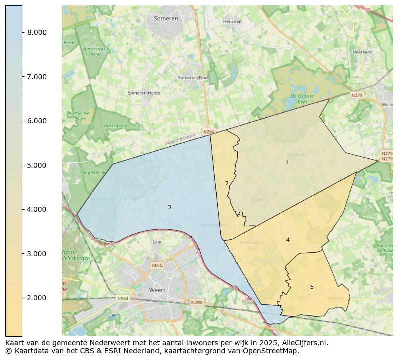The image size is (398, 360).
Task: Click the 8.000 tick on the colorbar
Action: click(37, 32)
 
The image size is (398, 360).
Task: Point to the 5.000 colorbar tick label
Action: click(37, 165)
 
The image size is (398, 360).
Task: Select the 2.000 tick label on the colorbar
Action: click(37, 298)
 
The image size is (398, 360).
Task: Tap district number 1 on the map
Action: click(287, 162)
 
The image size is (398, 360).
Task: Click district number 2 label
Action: click(227, 183)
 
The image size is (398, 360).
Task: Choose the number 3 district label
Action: click(169, 207)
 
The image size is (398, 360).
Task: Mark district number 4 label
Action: click(288, 240)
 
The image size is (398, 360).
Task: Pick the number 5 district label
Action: click(312, 287)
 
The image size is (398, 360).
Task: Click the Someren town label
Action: click(166, 18)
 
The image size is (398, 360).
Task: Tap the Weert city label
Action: click(157, 290)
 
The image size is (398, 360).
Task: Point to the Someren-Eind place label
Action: click(192, 78)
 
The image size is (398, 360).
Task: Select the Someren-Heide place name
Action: click(144, 93)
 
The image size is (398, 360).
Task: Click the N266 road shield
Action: click(208, 132)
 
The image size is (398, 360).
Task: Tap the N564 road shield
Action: click(123, 299)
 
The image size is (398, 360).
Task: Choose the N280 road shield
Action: click(196, 302)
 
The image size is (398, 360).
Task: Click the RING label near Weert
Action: click(157, 266)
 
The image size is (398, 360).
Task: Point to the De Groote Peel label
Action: click(302, 99)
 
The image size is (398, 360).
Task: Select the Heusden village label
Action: click(232, 22)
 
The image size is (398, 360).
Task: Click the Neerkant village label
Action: click(362, 52)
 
